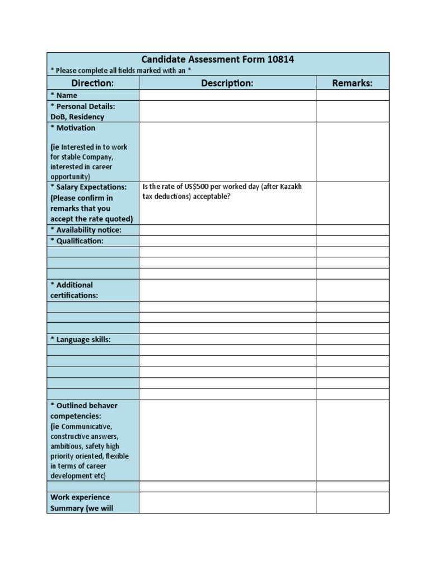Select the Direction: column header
[x=93, y=83]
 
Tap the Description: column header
[x=227, y=83]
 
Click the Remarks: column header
[x=352, y=83]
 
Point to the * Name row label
[x=64, y=95]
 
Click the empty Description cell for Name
[x=227, y=95]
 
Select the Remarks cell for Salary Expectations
[x=352, y=203]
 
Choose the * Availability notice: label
[x=86, y=230]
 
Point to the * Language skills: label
[x=81, y=339]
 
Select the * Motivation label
[x=73, y=128]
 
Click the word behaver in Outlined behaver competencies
[x=104, y=405]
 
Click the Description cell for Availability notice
[x=227, y=230]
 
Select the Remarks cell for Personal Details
[x=352, y=111]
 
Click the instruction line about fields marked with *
[x=120, y=70]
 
